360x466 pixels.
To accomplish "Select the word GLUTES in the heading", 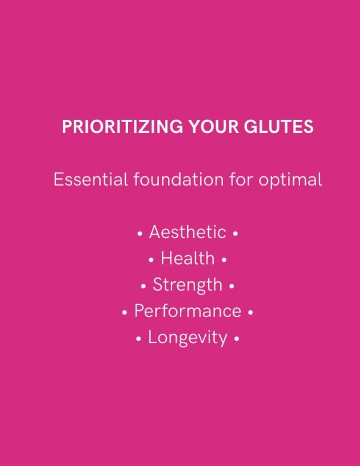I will pyautogui.click(x=278, y=127).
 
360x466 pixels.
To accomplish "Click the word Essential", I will pyautogui.click(x=90, y=180).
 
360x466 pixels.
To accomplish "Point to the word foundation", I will pyautogui.click(x=178, y=180).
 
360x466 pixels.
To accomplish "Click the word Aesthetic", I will pyautogui.click(x=187, y=232).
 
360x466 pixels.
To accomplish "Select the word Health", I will pyautogui.click(x=187, y=259).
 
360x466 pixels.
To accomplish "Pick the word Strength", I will pyautogui.click(x=187, y=285).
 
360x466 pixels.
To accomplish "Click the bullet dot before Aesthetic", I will pyautogui.click(x=140, y=233).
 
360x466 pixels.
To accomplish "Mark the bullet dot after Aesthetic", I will pyautogui.click(x=235, y=233).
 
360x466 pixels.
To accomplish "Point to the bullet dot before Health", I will pyautogui.click(x=151, y=260).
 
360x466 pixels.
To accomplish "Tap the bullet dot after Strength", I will pyautogui.click(x=231, y=286).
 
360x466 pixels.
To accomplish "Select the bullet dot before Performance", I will pyautogui.click(x=124, y=312).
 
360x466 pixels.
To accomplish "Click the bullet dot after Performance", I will pyautogui.click(x=250, y=312).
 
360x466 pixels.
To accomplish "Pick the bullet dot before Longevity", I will pyautogui.click(x=139, y=339).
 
